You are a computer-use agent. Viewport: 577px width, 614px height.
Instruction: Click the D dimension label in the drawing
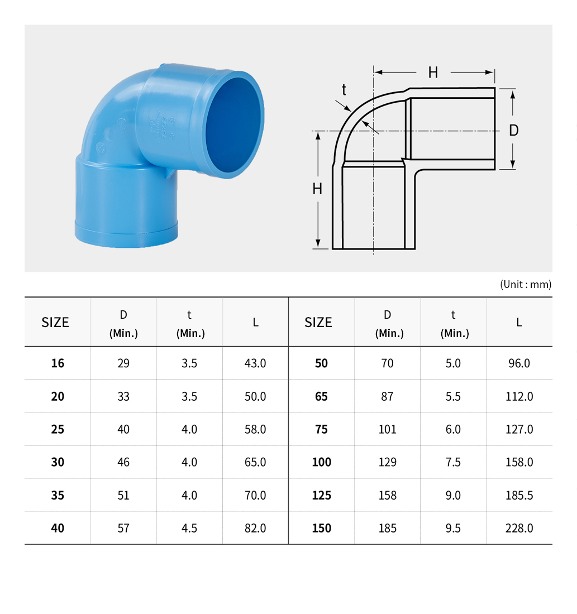coord(513,131)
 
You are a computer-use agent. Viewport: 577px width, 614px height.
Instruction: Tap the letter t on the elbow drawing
coord(344,90)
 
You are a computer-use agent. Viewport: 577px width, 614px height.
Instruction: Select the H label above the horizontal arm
coord(433,73)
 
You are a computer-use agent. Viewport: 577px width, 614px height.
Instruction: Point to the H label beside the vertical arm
coord(317,189)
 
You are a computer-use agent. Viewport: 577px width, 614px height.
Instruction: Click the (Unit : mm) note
coord(526,284)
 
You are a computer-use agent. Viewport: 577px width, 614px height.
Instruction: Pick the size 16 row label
coord(58,363)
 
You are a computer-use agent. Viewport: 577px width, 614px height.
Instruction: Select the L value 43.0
coord(255,363)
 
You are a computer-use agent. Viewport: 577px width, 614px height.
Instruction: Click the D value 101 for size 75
coord(387,429)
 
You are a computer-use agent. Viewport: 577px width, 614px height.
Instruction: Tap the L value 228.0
coord(519,528)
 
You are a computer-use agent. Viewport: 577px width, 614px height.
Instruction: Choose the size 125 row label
coord(321,495)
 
